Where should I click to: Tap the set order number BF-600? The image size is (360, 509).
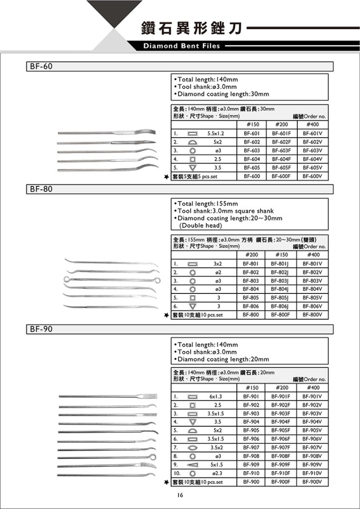[252, 177]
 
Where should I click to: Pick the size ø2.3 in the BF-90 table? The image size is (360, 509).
[216, 473]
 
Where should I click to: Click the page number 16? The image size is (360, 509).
[180, 495]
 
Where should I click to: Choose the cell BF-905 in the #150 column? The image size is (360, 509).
[252, 430]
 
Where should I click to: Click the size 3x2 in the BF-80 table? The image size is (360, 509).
[217, 263]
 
